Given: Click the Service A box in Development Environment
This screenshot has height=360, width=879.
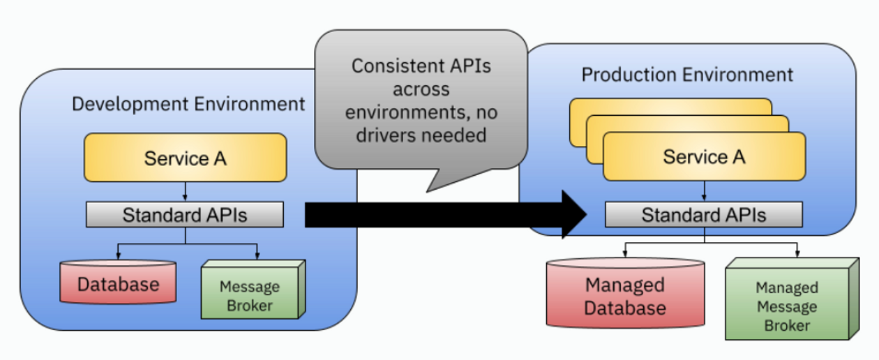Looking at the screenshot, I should point(185,158).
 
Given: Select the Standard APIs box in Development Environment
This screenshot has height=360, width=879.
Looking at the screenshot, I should point(185,215).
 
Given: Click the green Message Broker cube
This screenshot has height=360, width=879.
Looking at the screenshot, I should point(250,296).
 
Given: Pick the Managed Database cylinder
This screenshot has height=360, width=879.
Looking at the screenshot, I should point(625,296).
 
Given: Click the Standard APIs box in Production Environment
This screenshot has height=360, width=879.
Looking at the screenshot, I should point(704,215).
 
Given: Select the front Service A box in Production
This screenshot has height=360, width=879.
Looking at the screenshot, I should point(704,157).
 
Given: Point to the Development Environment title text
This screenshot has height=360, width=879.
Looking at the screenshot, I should point(188,105).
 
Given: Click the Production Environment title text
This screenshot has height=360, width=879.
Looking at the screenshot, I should point(687,75).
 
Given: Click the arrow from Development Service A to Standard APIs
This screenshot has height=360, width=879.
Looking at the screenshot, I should point(185,192).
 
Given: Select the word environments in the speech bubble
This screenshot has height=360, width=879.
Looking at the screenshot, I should point(401,112).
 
